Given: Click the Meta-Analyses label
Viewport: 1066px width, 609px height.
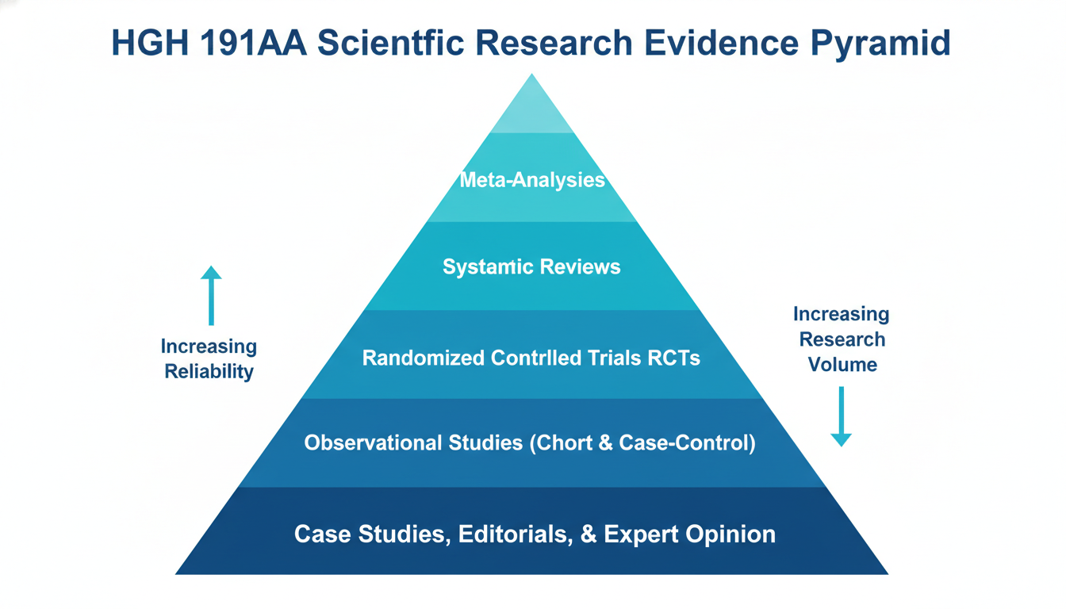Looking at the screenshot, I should [531, 180].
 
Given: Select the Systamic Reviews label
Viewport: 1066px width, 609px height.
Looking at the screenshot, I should [531, 266].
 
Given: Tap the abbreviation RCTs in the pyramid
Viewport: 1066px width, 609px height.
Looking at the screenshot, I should [673, 358].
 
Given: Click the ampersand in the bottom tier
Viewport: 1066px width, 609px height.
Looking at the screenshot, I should [588, 534].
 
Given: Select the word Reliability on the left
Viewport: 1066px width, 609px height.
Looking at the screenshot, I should [209, 372].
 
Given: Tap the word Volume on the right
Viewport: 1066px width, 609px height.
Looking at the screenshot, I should [842, 365].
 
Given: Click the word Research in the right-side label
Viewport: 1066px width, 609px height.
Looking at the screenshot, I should [842, 339].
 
